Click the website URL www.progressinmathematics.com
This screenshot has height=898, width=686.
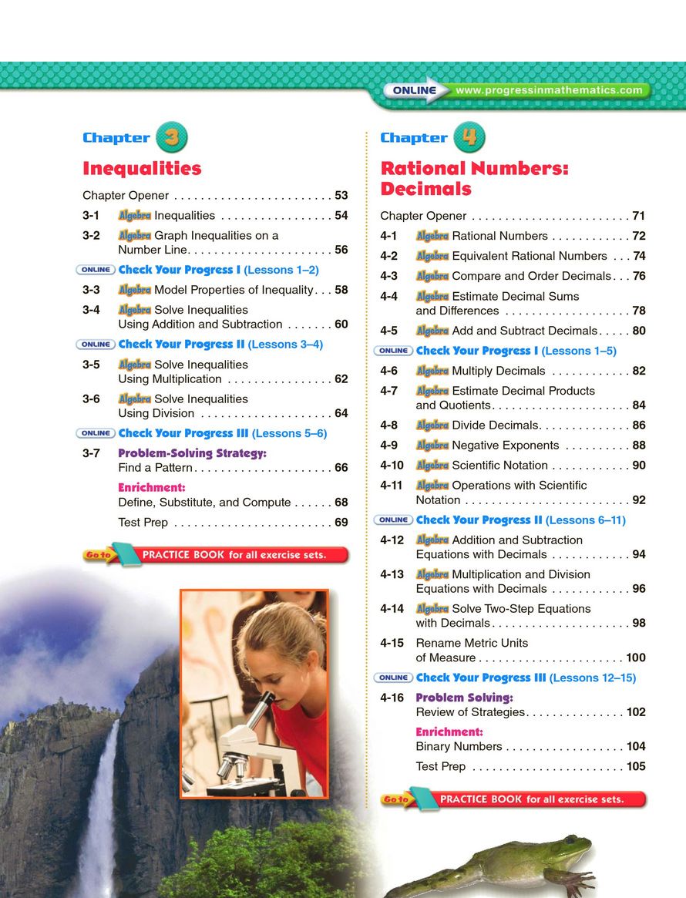(x=549, y=90)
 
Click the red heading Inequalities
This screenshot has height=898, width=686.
(x=142, y=169)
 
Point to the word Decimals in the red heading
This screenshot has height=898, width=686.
(x=425, y=189)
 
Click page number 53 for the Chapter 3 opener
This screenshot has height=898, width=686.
(x=341, y=196)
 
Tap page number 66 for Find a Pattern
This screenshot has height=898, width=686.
(x=341, y=468)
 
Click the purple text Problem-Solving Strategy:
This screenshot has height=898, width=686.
(x=192, y=453)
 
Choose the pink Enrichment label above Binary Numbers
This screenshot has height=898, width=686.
(x=449, y=732)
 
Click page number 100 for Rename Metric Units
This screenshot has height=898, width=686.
(x=635, y=658)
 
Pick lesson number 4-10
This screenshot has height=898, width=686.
(x=392, y=466)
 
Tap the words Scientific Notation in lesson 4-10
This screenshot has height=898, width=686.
(x=499, y=466)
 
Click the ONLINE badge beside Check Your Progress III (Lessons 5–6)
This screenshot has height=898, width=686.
(x=96, y=433)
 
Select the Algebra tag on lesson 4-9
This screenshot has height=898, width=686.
(x=432, y=446)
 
